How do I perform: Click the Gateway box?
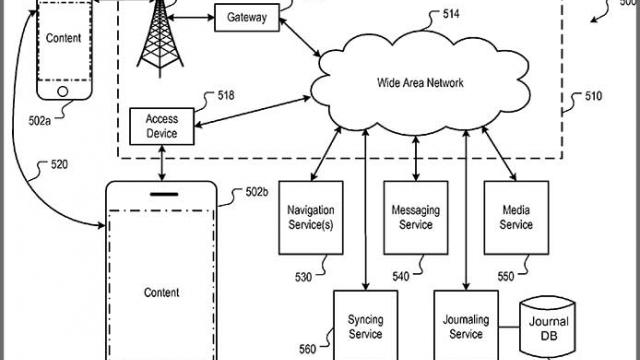[x=247, y=18]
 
